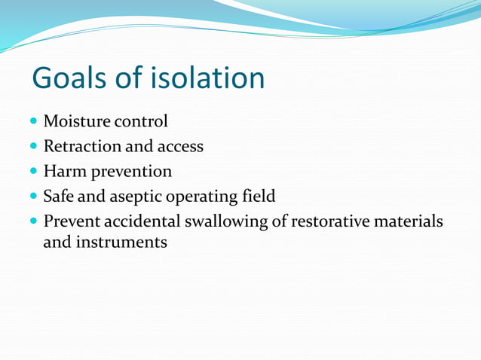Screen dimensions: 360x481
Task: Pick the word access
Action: point(179,147)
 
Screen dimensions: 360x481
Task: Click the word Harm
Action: point(63,171)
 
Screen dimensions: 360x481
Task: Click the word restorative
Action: point(325,222)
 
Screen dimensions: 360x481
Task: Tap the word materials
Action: point(406,222)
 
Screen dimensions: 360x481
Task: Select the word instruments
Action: point(121,243)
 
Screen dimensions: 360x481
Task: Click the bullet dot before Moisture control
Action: point(34,121)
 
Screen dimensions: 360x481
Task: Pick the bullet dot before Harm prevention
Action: point(34,172)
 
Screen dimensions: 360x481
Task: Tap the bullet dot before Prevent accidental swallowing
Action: point(34,223)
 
